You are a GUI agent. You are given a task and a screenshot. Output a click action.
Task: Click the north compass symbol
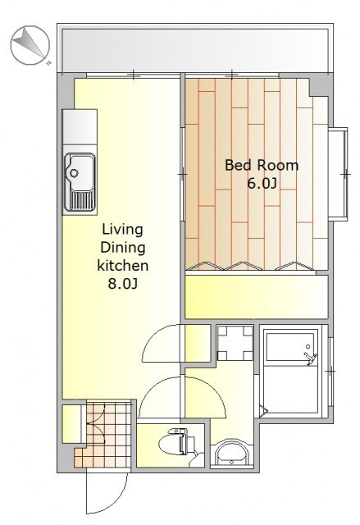tap(30, 45)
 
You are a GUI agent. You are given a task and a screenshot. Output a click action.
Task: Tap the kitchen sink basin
tap(80, 171)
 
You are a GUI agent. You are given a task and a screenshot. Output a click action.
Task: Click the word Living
tap(122, 230)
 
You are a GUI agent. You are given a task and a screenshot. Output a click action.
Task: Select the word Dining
tap(123, 248)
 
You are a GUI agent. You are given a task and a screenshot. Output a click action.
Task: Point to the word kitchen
tap(123, 266)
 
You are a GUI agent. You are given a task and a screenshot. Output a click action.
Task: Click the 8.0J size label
tap(123, 284)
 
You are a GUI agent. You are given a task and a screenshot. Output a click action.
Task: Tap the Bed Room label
tap(262, 166)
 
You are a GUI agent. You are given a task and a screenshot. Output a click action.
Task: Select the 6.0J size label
tap(262, 183)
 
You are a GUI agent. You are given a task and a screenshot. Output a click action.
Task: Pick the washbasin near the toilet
tap(231, 454)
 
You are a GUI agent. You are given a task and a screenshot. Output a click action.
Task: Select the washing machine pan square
tap(235, 342)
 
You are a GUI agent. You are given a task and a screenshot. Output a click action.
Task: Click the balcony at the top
tap(195, 50)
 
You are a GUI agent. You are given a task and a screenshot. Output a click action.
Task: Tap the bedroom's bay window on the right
tap(338, 174)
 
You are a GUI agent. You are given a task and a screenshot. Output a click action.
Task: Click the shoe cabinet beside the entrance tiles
tap(71, 424)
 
